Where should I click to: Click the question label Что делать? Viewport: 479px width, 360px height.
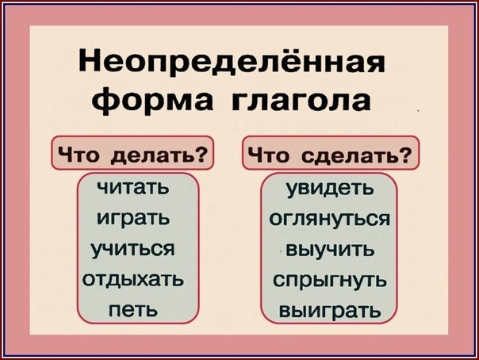coord(131,154)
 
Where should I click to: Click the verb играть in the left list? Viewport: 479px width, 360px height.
coord(132,218)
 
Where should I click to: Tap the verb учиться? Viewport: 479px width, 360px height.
coord(132,249)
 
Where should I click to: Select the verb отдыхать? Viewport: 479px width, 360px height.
coord(133,280)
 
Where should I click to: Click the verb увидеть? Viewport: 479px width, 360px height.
coord(330,189)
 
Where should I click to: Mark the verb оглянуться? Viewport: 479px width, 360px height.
coord(330,219)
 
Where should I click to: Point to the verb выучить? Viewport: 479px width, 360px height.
coord(330,250)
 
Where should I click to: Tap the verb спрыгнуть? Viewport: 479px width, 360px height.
coord(330,280)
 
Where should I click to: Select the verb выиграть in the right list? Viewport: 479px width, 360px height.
coord(330,310)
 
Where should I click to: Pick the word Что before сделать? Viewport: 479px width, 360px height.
coord(267,155)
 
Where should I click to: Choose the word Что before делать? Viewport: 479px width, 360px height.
coord(77,154)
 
